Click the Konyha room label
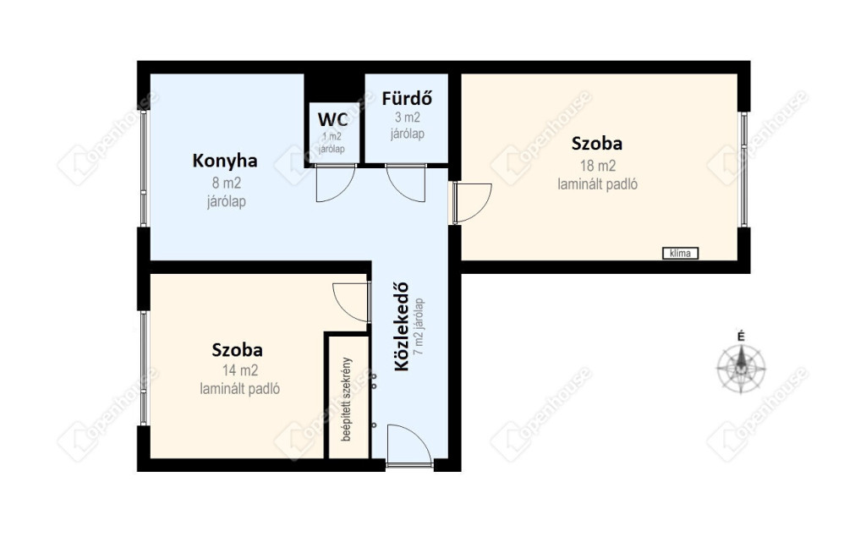tap(225, 161)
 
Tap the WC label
tap(332, 119)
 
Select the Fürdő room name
tap(407, 98)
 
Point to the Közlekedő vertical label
tap(402, 326)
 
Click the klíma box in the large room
tap(681, 253)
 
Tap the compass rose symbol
tap(741, 368)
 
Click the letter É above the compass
tap(741, 336)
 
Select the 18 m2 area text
tap(598, 166)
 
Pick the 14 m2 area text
tap(239, 370)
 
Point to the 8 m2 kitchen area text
tap(227, 183)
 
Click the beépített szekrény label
tap(347, 399)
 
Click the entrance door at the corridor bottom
tap(409, 446)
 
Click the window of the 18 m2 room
tap(744, 170)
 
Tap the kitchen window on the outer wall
tap(144, 168)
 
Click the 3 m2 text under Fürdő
tap(407, 118)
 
